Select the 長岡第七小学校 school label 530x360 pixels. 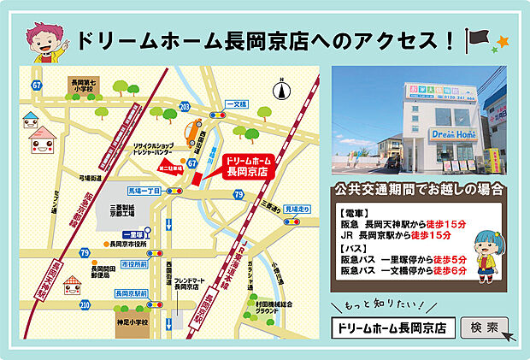[85, 85]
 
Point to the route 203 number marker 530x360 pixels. [185, 105]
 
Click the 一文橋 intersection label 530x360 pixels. [235, 104]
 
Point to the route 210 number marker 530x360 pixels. [85, 304]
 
